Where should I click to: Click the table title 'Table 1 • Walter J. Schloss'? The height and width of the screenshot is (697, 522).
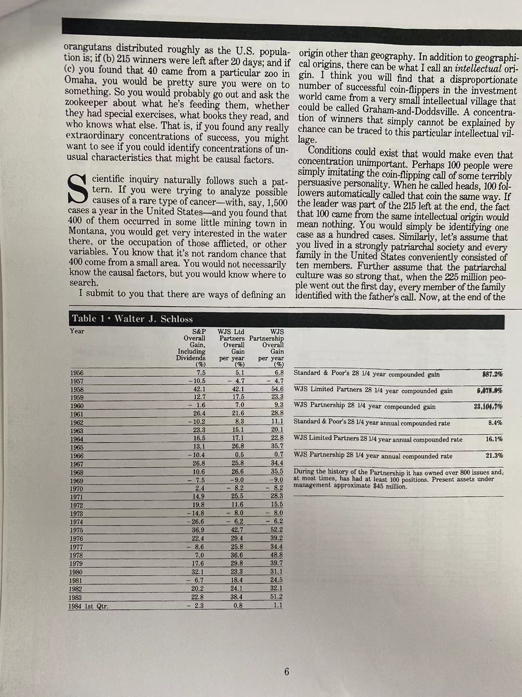click(x=132, y=319)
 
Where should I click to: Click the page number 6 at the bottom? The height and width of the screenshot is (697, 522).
click(x=286, y=672)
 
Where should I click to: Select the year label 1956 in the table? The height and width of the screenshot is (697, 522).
click(x=77, y=373)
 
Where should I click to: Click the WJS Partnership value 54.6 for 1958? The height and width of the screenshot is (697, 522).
click(x=277, y=389)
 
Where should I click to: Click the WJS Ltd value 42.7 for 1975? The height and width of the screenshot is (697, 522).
click(x=237, y=530)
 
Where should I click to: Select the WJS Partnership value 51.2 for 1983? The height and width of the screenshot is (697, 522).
click(x=277, y=597)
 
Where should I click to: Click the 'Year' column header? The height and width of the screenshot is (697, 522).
click(x=77, y=331)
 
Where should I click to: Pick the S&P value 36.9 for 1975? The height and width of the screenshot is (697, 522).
click(x=198, y=530)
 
